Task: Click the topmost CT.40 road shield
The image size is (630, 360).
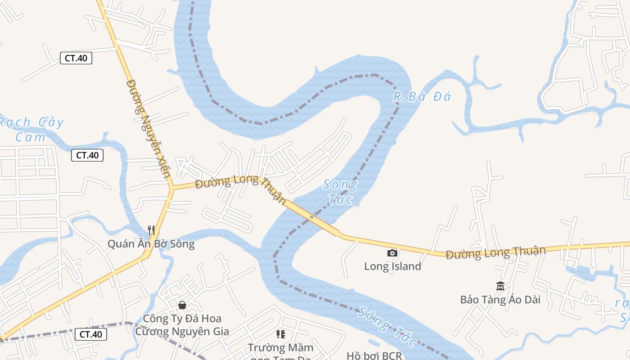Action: [76, 58]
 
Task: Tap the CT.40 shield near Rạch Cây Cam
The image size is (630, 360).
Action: [87, 155]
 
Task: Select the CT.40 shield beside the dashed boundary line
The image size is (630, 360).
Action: [91, 334]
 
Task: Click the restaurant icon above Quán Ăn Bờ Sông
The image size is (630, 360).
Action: [151, 230]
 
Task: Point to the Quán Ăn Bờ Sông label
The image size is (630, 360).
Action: [151, 244]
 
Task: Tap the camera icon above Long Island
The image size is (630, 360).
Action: [392, 253]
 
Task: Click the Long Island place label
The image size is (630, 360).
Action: [392, 266]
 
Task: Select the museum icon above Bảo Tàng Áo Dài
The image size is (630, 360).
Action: [500, 286]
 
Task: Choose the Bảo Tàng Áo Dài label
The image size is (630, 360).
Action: [500, 299]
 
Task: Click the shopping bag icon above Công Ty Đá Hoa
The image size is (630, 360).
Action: [182, 305]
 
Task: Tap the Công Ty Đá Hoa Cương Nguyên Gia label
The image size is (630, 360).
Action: [182, 325]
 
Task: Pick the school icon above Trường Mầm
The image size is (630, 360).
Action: [281, 334]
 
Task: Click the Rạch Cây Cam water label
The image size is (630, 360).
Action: [31, 129]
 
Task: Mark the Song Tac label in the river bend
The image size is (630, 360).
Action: [340, 191]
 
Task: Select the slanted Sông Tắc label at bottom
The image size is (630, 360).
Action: [387, 326]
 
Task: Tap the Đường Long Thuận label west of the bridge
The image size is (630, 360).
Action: [241, 189]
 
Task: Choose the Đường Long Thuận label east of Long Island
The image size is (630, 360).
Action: [495, 252]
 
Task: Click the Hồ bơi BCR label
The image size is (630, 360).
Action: [374, 356]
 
